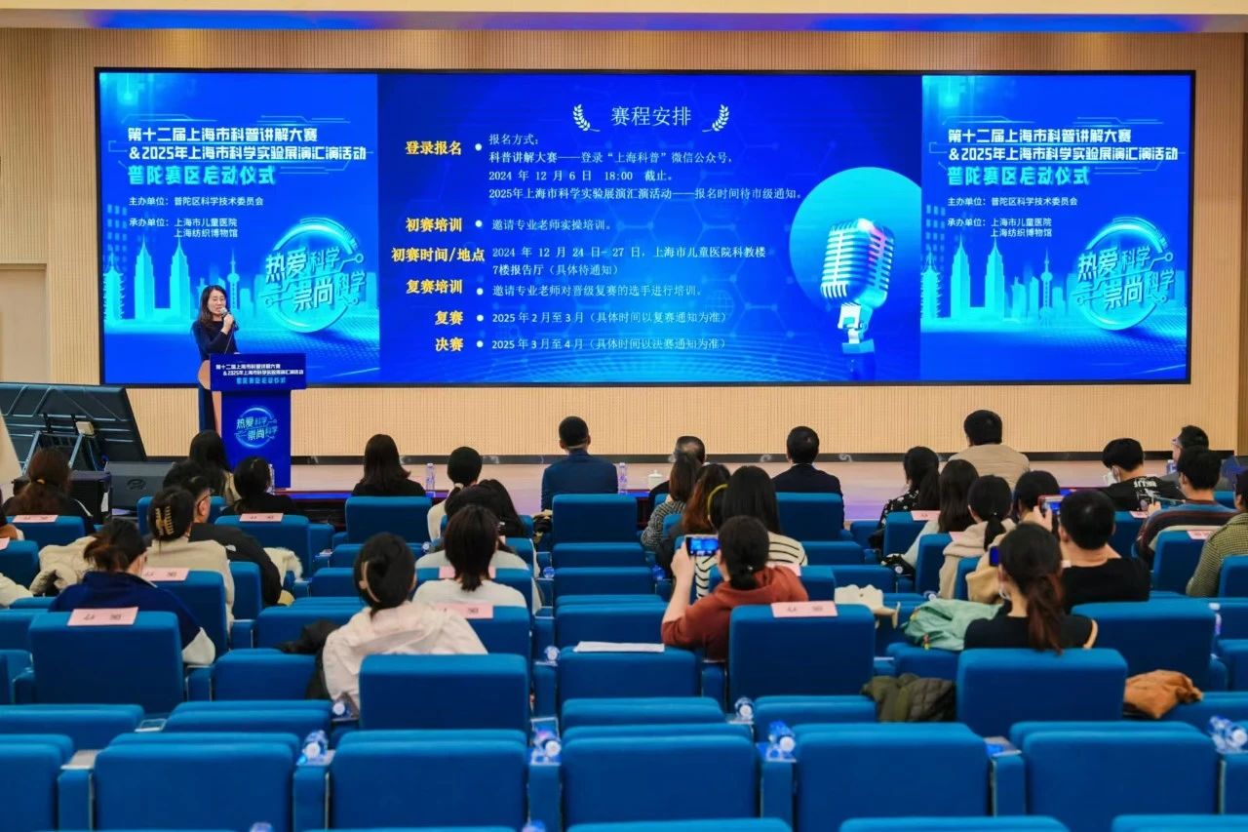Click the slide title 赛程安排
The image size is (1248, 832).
(650, 117)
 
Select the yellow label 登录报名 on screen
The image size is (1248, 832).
(434, 148)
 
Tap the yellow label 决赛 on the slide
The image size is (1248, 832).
(448, 344)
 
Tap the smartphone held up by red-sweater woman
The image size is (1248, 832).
(701, 545)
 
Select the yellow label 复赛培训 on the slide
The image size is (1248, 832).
(434, 288)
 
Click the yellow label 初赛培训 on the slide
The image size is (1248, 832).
(434, 225)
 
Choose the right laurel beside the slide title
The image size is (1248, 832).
(719, 118)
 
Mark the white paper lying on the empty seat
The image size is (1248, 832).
(618, 647)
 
